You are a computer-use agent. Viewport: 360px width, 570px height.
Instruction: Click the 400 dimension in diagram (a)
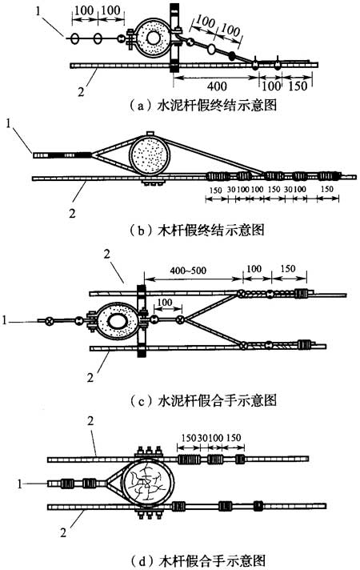[217, 86]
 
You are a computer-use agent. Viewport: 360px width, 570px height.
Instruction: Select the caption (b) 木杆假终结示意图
[197, 230]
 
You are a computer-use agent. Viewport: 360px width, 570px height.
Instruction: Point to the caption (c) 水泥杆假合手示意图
[202, 400]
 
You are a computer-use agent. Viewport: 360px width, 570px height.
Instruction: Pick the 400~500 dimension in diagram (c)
[188, 271]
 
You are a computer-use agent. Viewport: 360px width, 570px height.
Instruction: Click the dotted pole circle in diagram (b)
[150, 155]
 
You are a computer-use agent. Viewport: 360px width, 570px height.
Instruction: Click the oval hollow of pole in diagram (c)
[118, 321]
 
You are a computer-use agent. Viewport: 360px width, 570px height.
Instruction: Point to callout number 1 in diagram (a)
[39, 11]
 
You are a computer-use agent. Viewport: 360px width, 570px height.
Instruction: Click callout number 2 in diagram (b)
[72, 214]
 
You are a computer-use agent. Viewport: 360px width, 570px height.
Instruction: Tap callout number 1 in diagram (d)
[20, 484]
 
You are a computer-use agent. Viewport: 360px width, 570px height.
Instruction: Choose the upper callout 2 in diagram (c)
[106, 254]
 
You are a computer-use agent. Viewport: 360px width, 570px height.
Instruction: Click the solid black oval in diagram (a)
[232, 55]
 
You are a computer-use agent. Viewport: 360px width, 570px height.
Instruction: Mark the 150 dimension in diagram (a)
[298, 86]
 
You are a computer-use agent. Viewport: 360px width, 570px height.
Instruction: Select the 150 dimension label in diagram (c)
[288, 269]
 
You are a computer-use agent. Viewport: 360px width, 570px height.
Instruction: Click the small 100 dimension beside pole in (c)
[165, 302]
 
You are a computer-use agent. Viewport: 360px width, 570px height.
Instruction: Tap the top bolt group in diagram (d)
[149, 452]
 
